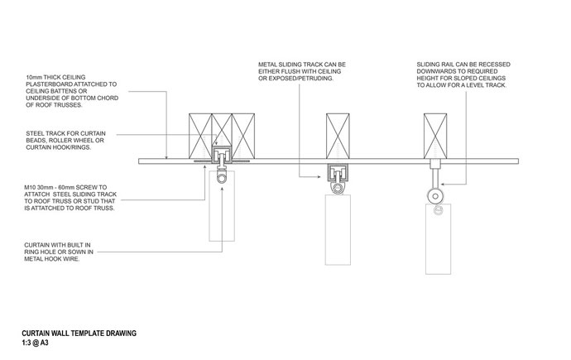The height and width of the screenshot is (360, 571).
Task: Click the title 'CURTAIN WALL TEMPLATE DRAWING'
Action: pos(79,333)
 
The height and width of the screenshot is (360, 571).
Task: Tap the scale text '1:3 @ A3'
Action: pos(35,343)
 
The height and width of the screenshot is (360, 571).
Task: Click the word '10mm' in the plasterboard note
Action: pos(34,77)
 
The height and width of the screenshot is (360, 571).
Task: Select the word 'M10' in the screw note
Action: pos(30,188)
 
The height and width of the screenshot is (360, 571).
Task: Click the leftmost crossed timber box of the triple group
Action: pos(200,136)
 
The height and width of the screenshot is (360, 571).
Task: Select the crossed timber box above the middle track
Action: pos(338,136)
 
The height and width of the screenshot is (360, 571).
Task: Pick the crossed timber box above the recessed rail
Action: pos(435,136)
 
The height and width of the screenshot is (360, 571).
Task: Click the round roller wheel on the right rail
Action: pos(435,197)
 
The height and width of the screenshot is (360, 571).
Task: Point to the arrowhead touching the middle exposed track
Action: pos(319,177)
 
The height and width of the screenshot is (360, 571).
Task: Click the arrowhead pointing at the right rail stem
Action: pos(443,185)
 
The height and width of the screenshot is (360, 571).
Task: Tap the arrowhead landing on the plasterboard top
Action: pos(167,157)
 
